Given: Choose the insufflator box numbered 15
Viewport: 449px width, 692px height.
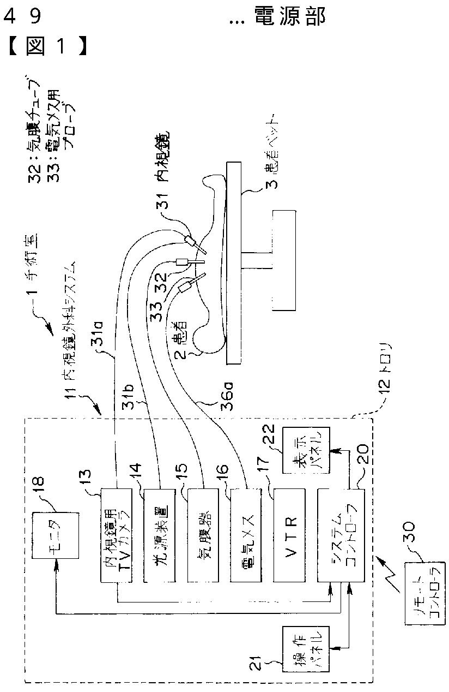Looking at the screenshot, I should point(203,535).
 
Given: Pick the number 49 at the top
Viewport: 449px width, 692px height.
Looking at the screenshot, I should point(23,17).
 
